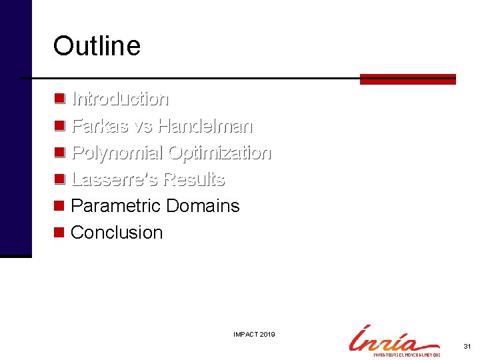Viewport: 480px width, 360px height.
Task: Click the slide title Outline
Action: tap(97, 46)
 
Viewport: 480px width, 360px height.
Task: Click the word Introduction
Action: tap(120, 99)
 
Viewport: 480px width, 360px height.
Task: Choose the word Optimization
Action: tap(219, 153)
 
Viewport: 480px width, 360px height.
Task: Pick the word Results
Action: tap(194, 179)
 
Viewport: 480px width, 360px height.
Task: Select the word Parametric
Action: tap(116, 206)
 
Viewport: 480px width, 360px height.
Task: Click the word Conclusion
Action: tap(117, 233)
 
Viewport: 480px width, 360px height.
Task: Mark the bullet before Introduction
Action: tap(59, 99)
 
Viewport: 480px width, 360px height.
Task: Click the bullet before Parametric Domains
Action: tap(59, 206)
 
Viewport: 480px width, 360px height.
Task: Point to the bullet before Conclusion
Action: tap(59, 233)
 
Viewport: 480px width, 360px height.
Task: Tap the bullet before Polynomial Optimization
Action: tap(59, 153)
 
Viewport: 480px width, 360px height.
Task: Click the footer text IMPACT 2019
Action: tap(255, 334)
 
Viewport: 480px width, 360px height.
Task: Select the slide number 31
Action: tap(467, 347)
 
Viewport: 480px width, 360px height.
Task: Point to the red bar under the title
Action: tap(407, 79)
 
